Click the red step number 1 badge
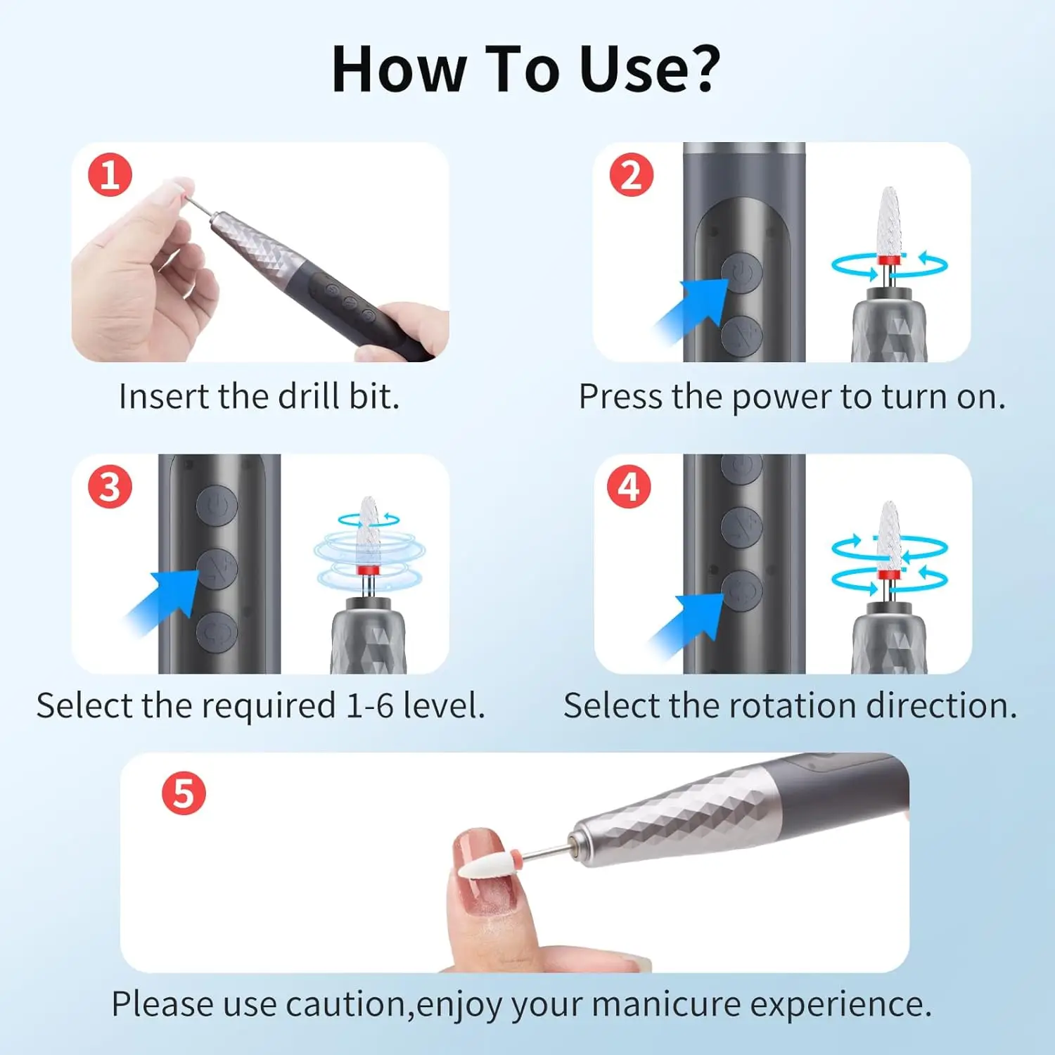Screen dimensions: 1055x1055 pos(110,174)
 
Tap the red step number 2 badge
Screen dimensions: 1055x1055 pos(631,174)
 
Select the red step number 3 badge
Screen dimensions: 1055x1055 pos(110,487)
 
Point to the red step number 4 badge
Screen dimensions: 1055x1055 pos(629,487)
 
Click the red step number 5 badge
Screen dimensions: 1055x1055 pos(184,793)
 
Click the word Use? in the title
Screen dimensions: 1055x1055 pos(650,70)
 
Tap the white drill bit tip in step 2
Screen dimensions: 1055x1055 pos(890,218)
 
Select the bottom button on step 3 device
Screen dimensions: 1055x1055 pos(217,632)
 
